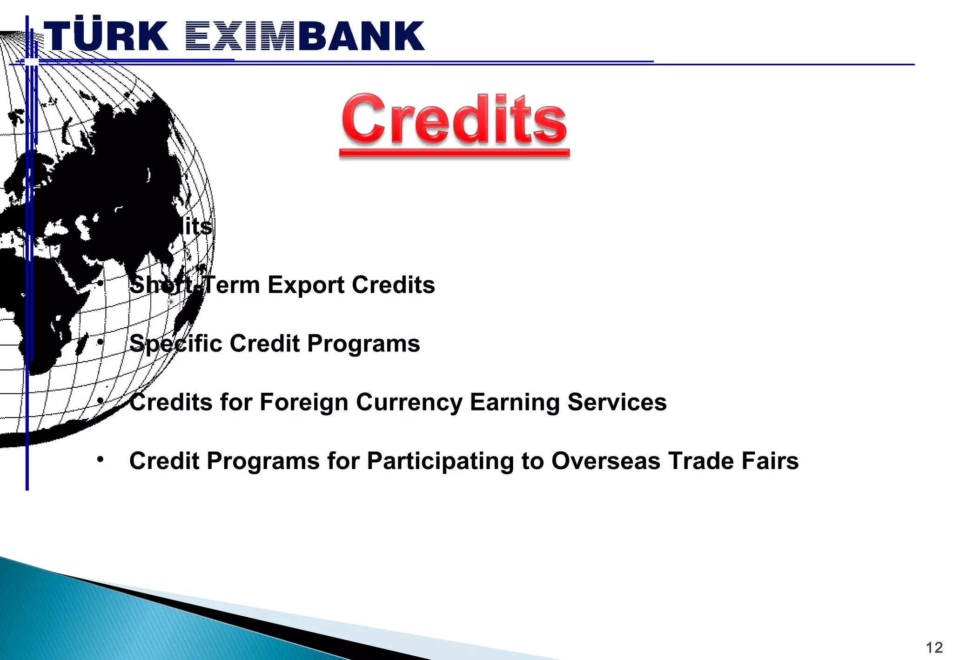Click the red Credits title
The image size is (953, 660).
[454, 120]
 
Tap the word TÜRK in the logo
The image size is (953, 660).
[106, 36]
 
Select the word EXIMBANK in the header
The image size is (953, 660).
[305, 36]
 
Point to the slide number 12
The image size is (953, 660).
[934, 647]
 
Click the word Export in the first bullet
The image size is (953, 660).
[305, 285]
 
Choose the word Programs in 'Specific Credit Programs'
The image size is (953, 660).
[363, 344]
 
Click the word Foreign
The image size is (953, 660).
[303, 402]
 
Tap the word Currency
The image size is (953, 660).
[409, 402]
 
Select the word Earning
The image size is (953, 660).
[514, 402]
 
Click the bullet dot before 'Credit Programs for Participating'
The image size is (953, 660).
[100, 460]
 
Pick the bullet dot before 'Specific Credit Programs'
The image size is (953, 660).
[100, 342]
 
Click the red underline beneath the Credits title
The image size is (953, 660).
[454, 153]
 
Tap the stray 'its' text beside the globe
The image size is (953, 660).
[199, 227]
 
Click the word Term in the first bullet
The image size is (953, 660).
[232, 285]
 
